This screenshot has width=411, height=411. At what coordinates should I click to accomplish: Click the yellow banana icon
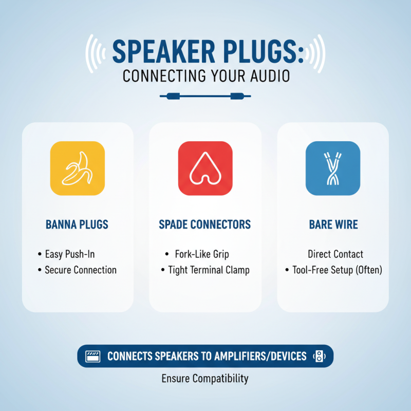(x=77, y=169)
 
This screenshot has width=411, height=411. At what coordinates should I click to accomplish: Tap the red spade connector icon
(x=205, y=169)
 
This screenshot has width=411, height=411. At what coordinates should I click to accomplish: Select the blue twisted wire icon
(x=333, y=169)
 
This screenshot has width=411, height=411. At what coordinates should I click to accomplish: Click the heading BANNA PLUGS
(x=77, y=225)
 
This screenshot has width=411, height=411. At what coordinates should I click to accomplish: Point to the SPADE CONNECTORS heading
(x=205, y=225)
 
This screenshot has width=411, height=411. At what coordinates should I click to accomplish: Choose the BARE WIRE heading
(x=333, y=225)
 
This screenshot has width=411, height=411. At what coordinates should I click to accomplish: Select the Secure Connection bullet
(x=80, y=270)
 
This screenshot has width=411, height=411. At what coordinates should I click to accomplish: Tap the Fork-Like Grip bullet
(x=201, y=254)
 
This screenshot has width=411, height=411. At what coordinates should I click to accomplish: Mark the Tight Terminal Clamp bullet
(x=209, y=270)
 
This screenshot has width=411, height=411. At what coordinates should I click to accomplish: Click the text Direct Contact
(x=335, y=254)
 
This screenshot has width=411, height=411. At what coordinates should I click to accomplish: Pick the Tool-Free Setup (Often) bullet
(x=337, y=270)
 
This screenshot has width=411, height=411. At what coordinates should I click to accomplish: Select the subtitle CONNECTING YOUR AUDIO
(x=206, y=76)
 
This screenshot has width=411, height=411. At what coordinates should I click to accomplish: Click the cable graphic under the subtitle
(x=205, y=95)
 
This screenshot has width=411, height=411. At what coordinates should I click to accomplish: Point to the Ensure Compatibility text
(x=205, y=379)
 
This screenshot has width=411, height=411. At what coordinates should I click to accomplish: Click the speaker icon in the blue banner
(x=319, y=356)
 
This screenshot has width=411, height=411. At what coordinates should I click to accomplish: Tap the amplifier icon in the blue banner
(x=92, y=356)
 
